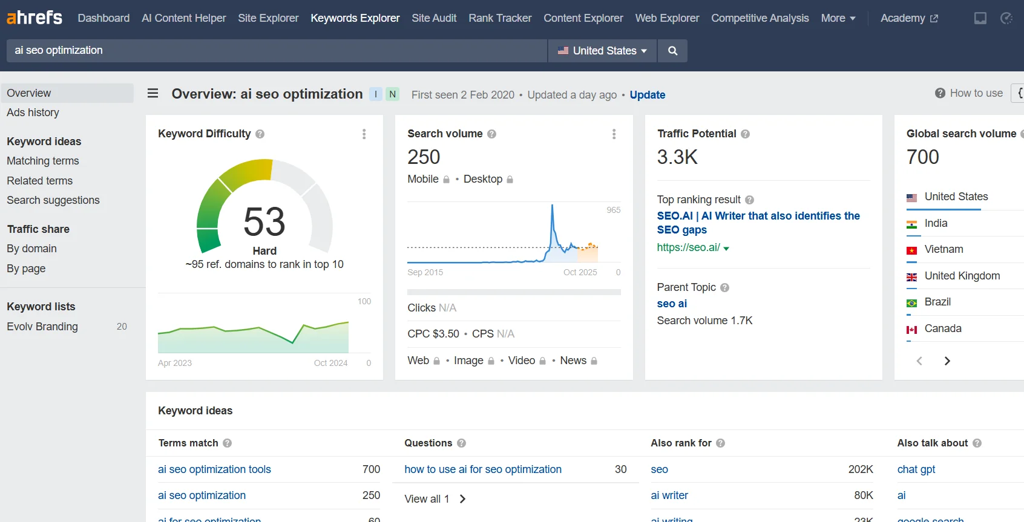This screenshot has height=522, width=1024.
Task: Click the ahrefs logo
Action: pyautogui.click(x=34, y=18)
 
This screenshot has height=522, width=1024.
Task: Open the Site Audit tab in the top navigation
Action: pyautogui.click(x=434, y=18)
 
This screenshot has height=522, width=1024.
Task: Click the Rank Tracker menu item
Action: pyautogui.click(x=500, y=18)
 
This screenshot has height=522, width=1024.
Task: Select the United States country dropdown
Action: pyautogui.click(x=602, y=51)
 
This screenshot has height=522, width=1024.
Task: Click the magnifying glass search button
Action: pyautogui.click(x=672, y=51)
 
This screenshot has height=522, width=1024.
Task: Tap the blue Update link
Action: pyautogui.click(x=647, y=95)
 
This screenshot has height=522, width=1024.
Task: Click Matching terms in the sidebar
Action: pyautogui.click(x=43, y=161)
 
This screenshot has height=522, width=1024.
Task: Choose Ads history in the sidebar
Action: pyautogui.click(x=33, y=113)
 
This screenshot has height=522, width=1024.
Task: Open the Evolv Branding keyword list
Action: pyautogui.click(x=42, y=327)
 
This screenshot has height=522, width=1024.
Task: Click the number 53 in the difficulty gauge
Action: pyautogui.click(x=264, y=222)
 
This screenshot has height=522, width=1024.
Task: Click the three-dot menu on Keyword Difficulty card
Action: pyautogui.click(x=364, y=134)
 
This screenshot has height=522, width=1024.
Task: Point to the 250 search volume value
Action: pyautogui.click(x=424, y=157)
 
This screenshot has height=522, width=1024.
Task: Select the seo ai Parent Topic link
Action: pyautogui.click(x=672, y=304)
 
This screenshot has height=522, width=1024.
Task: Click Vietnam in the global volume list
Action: pyautogui.click(x=944, y=249)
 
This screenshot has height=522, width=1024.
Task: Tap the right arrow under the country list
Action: pyautogui.click(x=947, y=361)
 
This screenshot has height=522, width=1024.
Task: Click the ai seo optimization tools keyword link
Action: pyautogui.click(x=214, y=469)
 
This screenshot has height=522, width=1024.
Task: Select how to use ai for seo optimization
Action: pyautogui.click(x=483, y=469)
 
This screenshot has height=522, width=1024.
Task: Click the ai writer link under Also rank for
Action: pyautogui.click(x=669, y=495)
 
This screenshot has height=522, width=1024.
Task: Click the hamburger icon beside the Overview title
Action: pyautogui.click(x=153, y=93)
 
